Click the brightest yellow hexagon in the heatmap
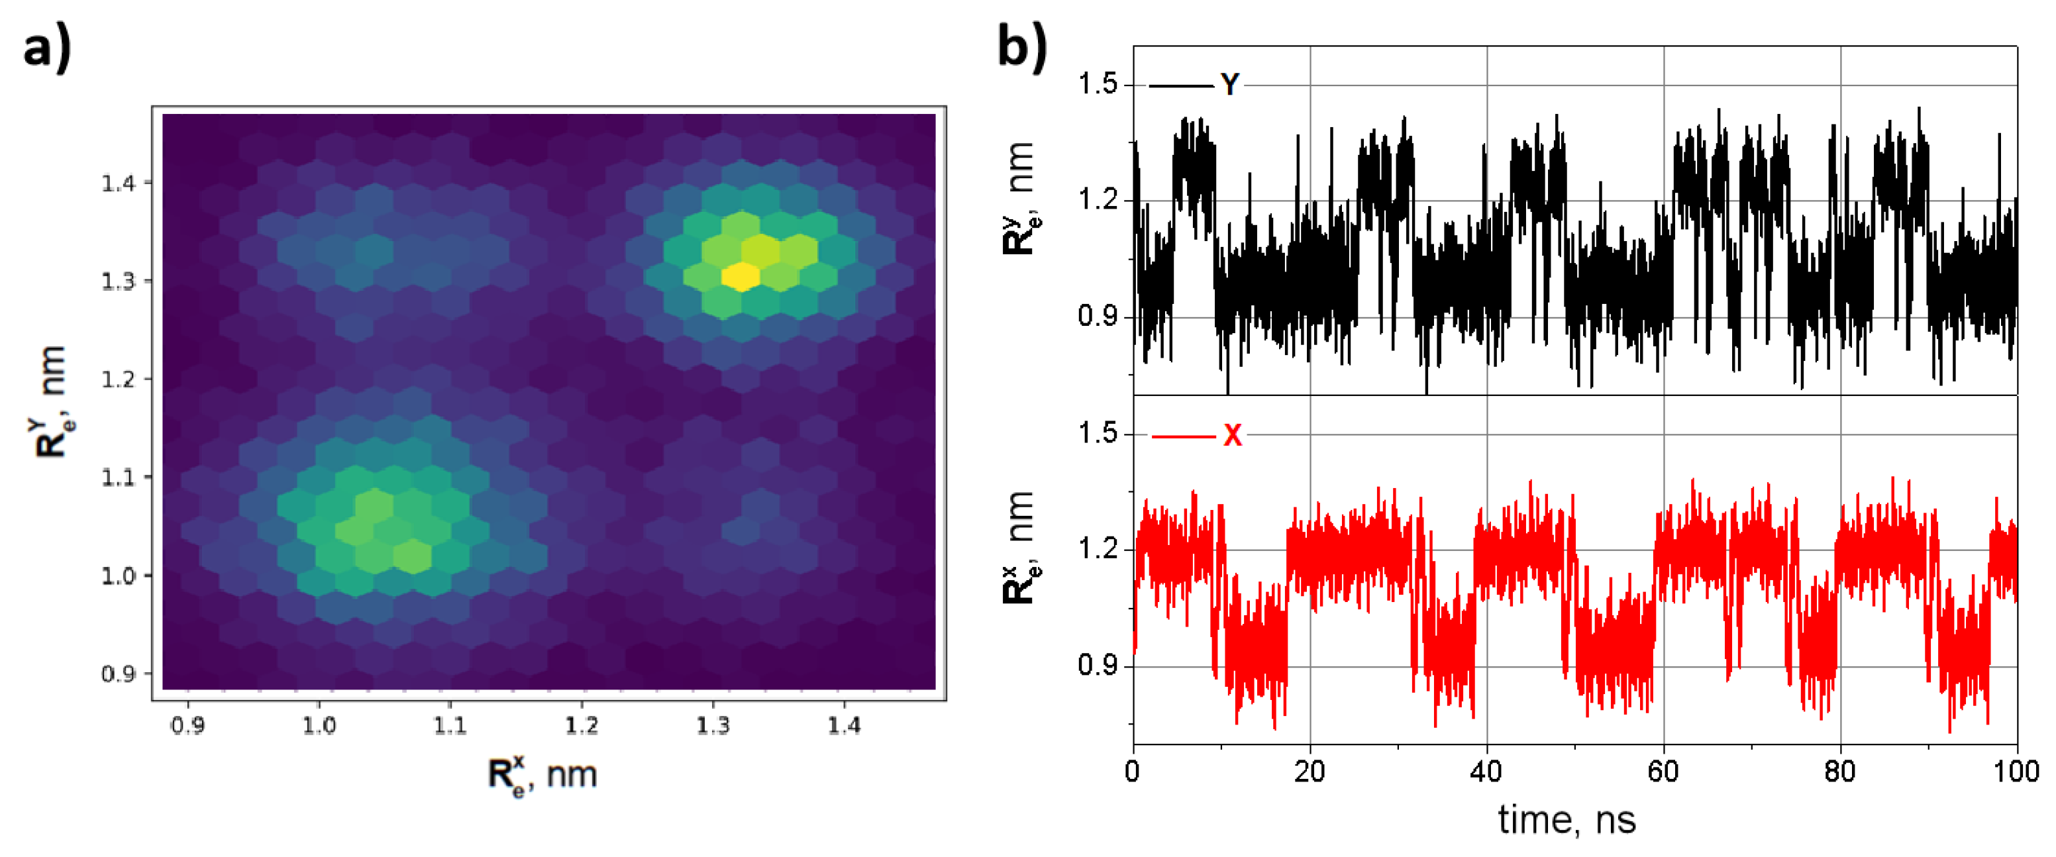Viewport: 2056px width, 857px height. (741, 276)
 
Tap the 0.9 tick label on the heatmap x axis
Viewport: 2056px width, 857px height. (187, 726)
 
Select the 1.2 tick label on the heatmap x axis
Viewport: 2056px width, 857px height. (581, 726)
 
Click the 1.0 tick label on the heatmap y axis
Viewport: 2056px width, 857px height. (118, 576)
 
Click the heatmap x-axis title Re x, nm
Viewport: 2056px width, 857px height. (542, 775)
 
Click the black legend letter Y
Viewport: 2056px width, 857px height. (1230, 85)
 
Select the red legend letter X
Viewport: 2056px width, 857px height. (1232, 436)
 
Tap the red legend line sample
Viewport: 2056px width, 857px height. (1184, 436)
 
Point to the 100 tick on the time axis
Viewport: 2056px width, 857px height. (2016, 772)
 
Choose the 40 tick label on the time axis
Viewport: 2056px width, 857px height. (1486, 772)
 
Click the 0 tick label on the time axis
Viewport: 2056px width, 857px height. (1133, 772)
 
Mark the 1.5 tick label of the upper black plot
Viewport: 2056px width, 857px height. (1098, 84)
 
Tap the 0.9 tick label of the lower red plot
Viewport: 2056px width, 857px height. (1098, 665)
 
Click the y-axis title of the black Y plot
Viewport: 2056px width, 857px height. (1019, 199)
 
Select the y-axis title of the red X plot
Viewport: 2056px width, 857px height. (1019, 548)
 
